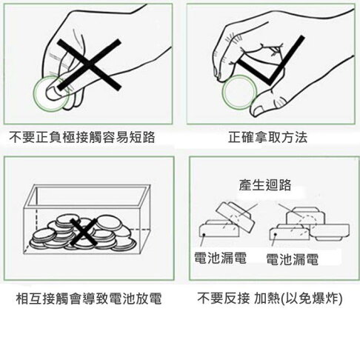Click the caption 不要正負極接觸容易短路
tap(87, 137)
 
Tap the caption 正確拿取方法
tap(268, 137)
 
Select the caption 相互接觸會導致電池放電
tap(89, 300)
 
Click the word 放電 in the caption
tap(149, 300)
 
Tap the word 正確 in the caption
tap(242, 137)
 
